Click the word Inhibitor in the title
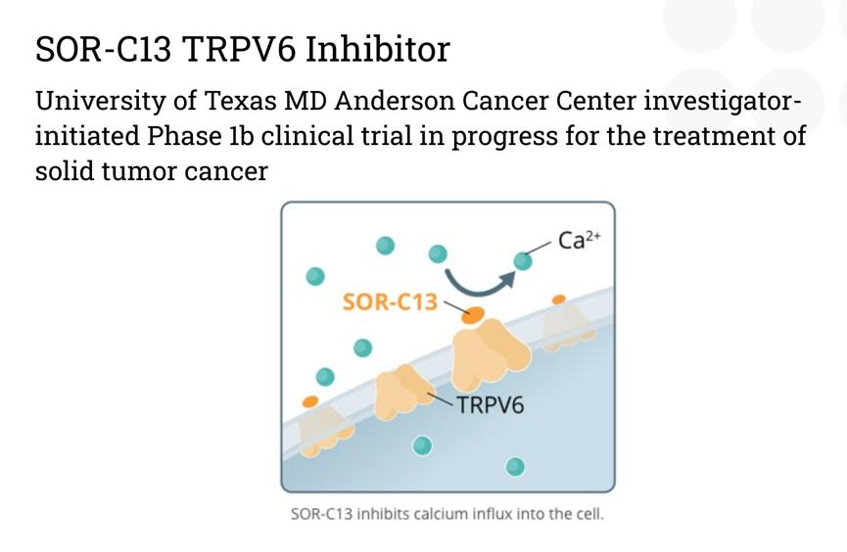377,49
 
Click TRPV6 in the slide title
239,49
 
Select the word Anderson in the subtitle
395,101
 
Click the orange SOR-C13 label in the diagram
390,301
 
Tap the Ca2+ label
579,239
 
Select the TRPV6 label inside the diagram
491,404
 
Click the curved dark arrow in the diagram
478,289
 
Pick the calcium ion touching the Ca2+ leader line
522,261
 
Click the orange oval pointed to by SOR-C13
473,315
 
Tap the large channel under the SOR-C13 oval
490,353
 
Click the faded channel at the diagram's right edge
568,327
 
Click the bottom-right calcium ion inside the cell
515,466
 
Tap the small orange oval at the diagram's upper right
558,299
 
